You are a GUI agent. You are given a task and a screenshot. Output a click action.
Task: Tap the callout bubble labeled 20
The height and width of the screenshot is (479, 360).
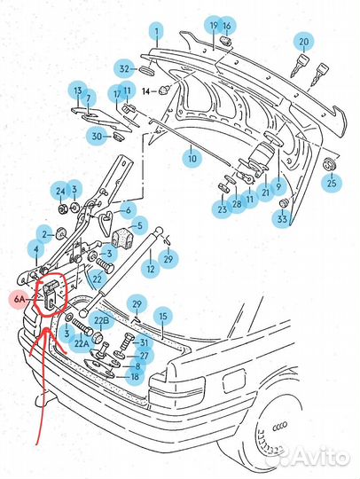coord(304,41)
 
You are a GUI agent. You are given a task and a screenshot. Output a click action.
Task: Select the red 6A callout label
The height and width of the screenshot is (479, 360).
coord(20,301)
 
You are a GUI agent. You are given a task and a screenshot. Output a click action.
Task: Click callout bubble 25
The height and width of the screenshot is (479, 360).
coord(332,184)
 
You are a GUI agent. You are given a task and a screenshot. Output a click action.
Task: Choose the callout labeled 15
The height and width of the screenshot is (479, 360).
coord(161,315)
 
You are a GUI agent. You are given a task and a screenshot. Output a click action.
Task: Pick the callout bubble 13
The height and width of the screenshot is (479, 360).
coord(77,91)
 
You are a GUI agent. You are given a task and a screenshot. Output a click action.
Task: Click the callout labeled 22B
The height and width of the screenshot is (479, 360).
coord(102,320)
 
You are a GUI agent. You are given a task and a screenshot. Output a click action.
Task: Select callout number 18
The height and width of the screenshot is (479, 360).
coord(135,376)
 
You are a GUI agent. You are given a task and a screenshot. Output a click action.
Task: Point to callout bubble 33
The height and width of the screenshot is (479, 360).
coord(283,217)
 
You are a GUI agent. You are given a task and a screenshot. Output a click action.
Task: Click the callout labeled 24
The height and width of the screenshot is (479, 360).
coord(60,191)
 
